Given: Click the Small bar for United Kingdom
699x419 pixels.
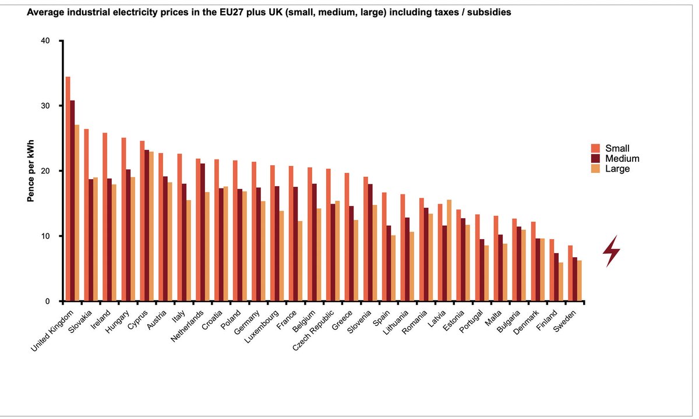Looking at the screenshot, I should point(68,189).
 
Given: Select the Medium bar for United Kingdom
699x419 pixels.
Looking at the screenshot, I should point(72,201).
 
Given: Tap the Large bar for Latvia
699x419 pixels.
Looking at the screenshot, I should point(449,250).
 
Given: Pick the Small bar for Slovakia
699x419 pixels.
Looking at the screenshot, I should point(86,215).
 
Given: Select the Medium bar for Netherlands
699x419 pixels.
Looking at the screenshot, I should point(203,232).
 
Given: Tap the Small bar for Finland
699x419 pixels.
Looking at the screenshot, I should point(551,270).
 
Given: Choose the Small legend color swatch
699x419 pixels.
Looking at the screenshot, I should point(595,148).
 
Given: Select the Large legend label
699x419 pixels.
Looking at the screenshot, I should point(617,169).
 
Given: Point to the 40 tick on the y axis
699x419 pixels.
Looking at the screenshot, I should point(59,41).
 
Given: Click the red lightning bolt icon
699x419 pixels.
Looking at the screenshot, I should point(611,251).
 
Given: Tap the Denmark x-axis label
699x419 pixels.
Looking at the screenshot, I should point(527,323).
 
